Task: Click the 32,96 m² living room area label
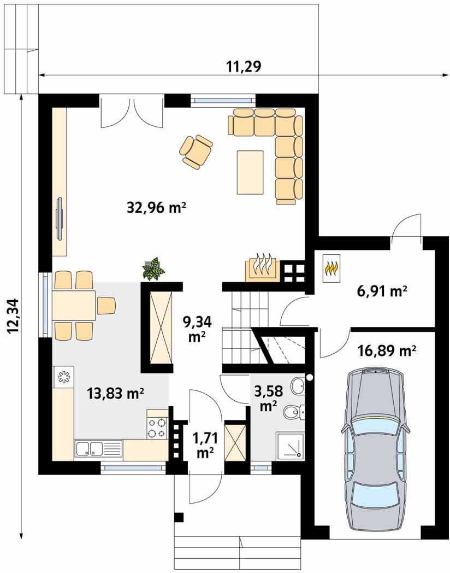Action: [157, 208]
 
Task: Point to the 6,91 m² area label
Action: [381, 291]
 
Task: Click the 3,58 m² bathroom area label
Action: [269, 398]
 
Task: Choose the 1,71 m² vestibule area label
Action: [205, 445]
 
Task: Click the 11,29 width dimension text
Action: [244, 67]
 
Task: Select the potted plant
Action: [153, 268]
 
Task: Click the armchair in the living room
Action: [197, 151]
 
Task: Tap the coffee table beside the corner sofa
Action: [250, 172]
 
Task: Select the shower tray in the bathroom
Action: [290, 445]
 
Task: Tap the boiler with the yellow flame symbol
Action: [331, 268]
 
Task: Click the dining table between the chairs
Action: [74, 306]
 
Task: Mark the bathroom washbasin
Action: [299, 386]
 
